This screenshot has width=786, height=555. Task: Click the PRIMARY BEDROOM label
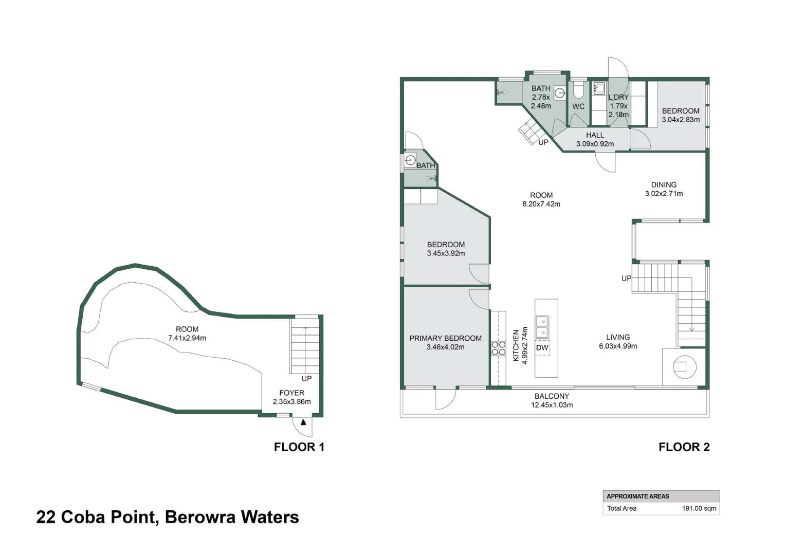click(445, 338)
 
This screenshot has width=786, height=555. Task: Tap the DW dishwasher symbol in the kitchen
click(542, 348)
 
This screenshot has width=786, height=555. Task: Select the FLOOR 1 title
click(299, 447)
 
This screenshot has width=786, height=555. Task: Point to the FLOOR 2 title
click(684, 447)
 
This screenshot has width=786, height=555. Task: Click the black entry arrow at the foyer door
click(303, 422)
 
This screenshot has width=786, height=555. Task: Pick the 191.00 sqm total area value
click(699, 508)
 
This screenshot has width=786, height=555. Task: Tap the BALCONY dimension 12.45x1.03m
click(552, 405)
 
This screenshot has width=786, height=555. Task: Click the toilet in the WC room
click(578, 91)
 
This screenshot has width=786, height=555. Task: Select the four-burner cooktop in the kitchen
click(498, 348)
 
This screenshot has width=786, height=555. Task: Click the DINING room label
click(664, 184)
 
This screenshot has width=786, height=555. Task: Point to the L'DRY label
click(618, 97)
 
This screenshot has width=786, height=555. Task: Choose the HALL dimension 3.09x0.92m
click(595, 144)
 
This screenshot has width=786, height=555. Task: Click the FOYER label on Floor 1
click(291, 393)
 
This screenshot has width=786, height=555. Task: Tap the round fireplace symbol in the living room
click(684, 367)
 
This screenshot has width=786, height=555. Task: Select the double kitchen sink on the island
click(542, 327)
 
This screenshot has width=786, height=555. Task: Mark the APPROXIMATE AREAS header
click(637, 496)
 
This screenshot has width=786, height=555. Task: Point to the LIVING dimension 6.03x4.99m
click(617, 346)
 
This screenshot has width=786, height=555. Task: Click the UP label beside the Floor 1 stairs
click(306, 379)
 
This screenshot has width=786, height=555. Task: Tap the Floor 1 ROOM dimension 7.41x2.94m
click(187, 338)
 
